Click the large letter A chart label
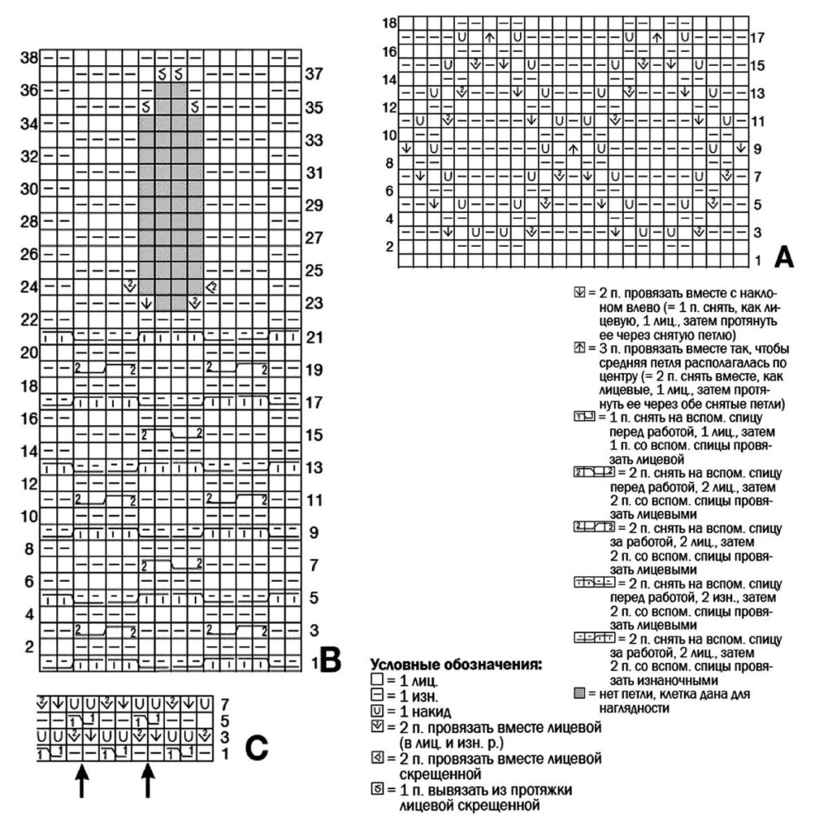[784, 257]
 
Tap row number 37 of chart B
[314, 74]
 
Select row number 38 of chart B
[30, 58]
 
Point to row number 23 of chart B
[314, 303]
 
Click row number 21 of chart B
[314, 336]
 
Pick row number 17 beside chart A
[758, 37]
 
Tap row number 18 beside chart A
[390, 24]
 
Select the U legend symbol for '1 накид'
[375, 712]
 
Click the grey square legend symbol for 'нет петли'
[579, 695]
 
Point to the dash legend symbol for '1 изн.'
[375, 695]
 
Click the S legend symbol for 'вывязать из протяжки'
[375, 791]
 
